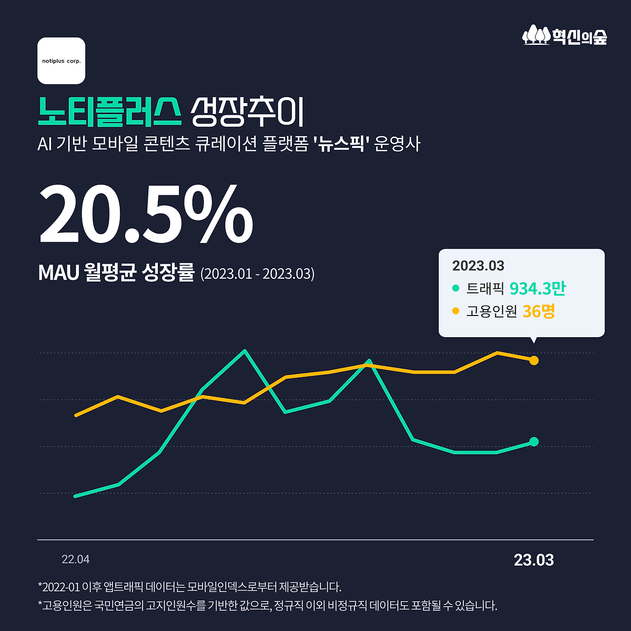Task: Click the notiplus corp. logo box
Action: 61,61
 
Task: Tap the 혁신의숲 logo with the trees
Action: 565,36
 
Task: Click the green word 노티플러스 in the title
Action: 109,111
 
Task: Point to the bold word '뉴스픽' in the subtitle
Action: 342,144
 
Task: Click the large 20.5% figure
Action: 146,214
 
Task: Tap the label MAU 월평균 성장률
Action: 116,273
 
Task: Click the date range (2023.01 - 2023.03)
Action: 257,274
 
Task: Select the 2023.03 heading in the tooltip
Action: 478,266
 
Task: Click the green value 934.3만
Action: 537,288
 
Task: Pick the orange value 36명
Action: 538,311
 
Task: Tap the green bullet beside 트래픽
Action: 456,288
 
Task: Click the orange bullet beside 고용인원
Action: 456,311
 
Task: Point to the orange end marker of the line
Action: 533,360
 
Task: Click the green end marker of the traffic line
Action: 533,442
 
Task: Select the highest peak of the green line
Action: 245,351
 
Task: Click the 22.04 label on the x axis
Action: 75,560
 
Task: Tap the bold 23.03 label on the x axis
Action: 533,560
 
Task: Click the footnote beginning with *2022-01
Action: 190,587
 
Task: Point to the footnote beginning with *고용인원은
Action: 267,605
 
